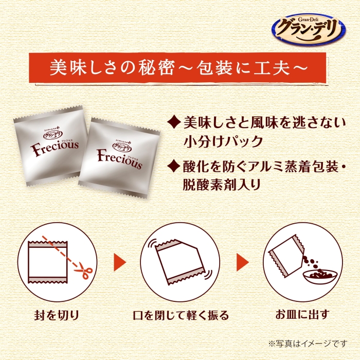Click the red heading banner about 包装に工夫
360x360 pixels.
(x=177, y=68)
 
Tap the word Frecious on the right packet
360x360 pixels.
(x=120, y=158)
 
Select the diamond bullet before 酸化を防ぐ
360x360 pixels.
(x=174, y=167)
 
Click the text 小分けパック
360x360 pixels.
(x=223, y=141)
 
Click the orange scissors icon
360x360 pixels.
(x=83, y=273)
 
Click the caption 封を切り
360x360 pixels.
(x=57, y=315)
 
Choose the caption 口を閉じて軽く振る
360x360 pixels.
(x=181, y=315)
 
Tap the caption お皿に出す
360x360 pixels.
(x=302, y=315)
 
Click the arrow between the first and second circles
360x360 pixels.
(x=120, y=262)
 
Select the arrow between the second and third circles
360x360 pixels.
(x=243, y=262)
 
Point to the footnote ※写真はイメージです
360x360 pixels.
(x=308, y=344)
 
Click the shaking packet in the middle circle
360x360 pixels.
(x=179, y=262)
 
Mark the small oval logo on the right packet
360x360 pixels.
(x=122, y=145)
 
